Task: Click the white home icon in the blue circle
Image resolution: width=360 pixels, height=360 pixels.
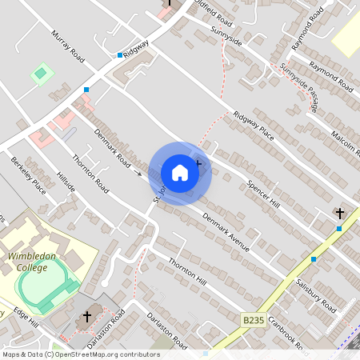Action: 180,172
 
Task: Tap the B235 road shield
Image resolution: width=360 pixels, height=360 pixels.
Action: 252,319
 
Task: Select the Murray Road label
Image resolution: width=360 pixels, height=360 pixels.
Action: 67,47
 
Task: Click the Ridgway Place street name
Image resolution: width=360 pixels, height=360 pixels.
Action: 254,126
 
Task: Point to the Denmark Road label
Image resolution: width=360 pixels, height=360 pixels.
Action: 111,148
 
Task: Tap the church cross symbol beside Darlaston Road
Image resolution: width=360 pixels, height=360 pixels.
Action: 87,317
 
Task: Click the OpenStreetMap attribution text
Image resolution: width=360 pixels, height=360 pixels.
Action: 80,354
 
